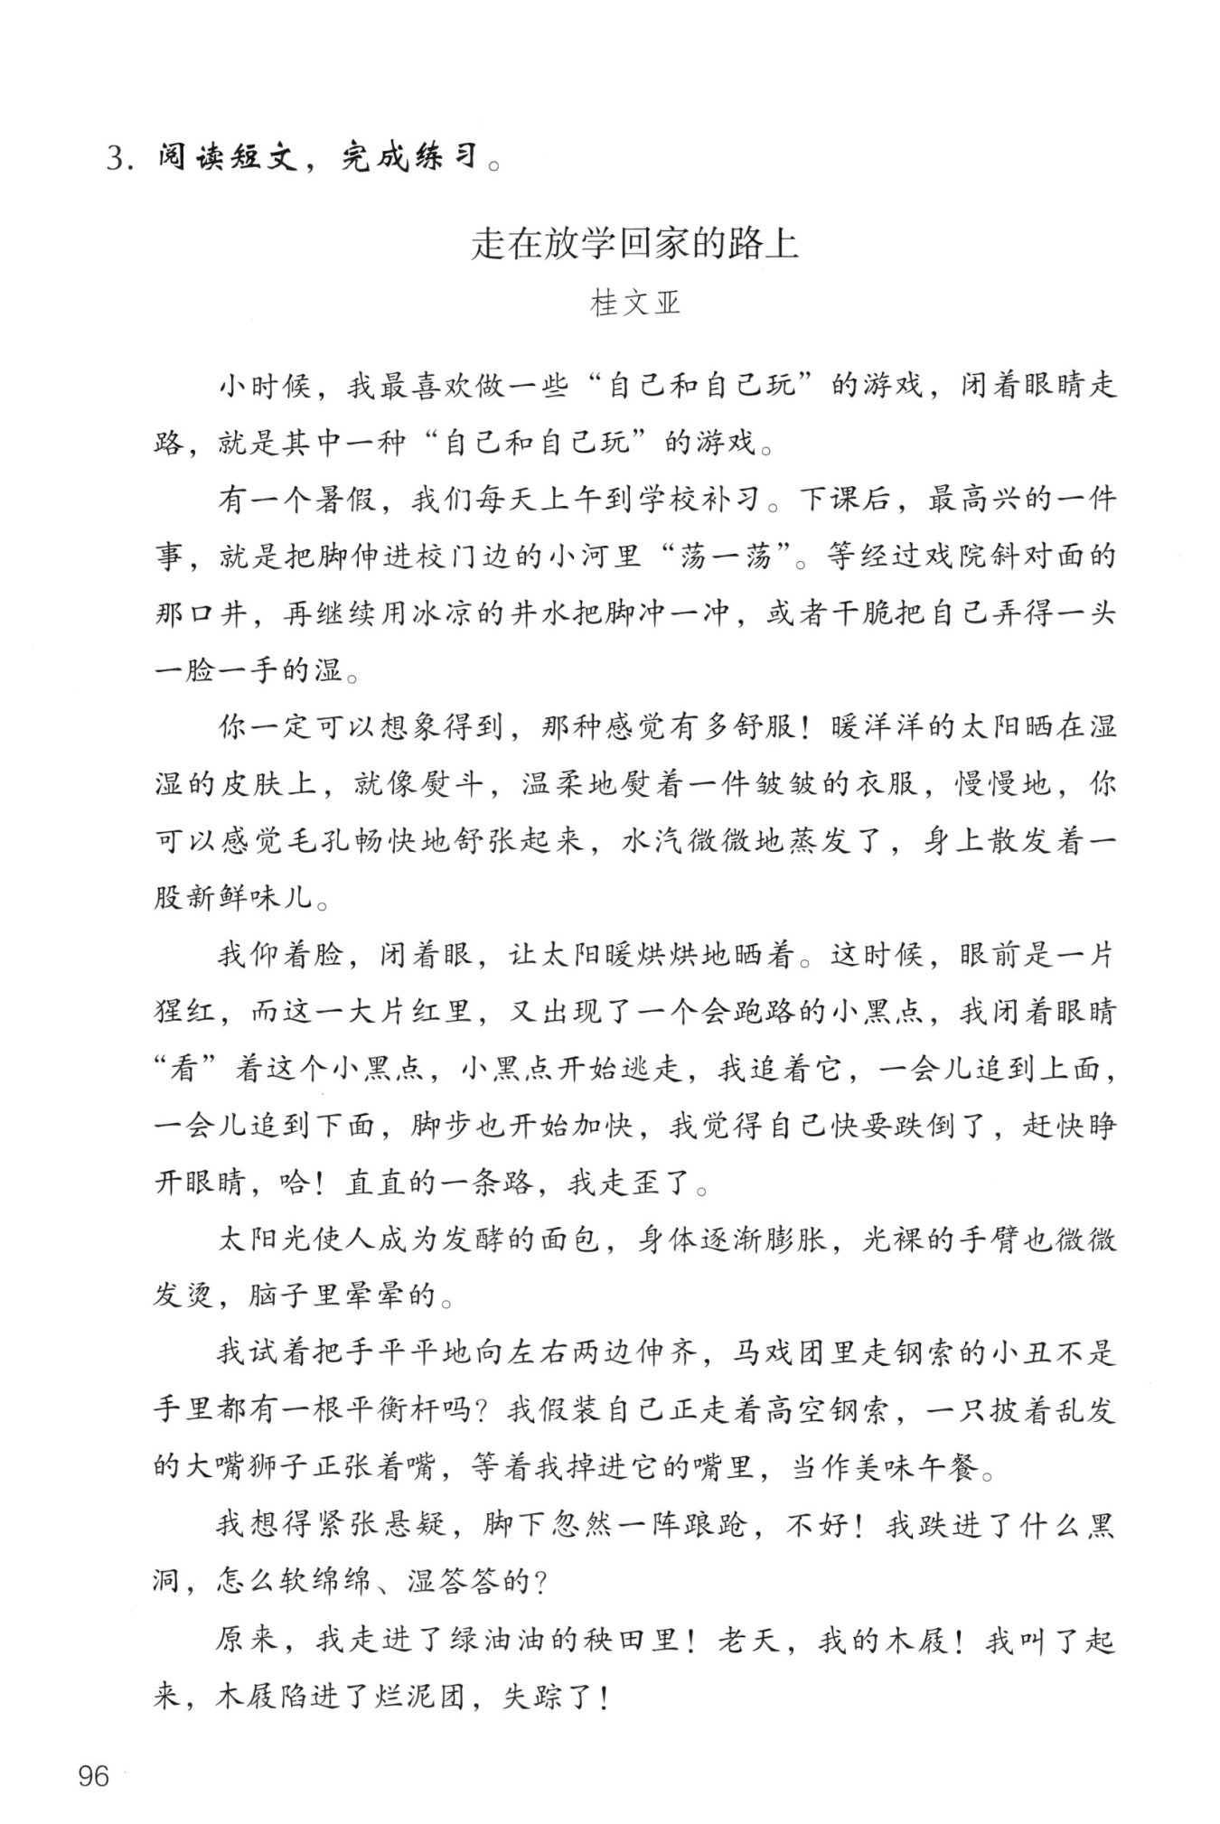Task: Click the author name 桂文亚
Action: (x=634, y=304)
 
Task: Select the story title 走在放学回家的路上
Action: (x=634, y=244)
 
